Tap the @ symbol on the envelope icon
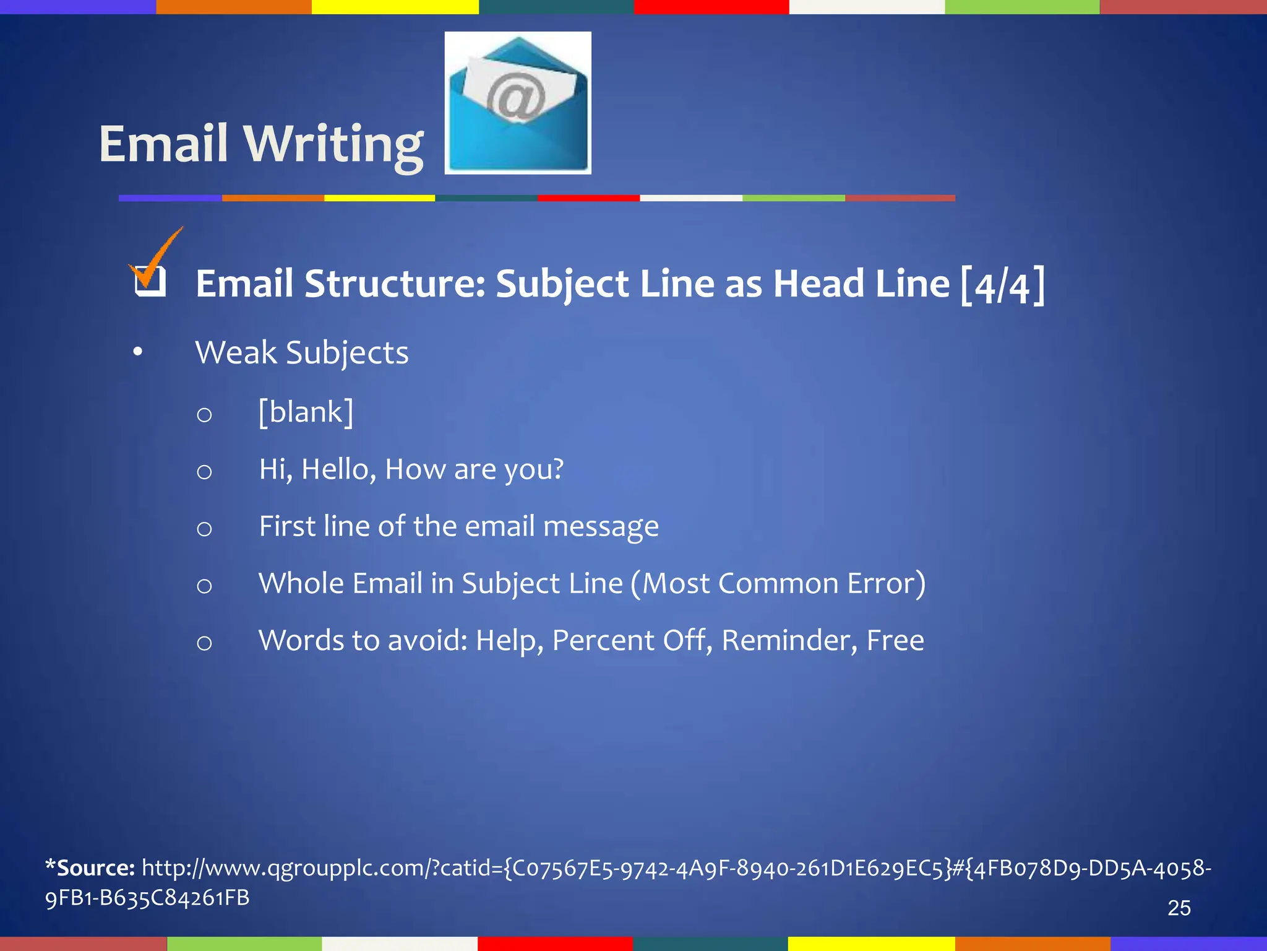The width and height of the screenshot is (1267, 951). pyautogui.click(x=515, y=97)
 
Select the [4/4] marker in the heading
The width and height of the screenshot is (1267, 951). pyautogui.click(x=1002, y=285)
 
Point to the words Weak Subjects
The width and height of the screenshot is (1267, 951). pyautogui.click(x=302, y=353)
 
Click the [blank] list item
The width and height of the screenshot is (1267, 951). pyautogui.click(x=306, y=412)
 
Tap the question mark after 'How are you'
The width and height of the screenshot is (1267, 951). pyautogui.click(x=557, y=469)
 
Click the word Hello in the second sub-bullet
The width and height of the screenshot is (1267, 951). pyautogui.click(x=338, y=469)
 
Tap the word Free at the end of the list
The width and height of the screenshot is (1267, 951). pyautogui.click(x=895, y=640)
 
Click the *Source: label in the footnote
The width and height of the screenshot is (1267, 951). pyautogui.click(x=90, y=867)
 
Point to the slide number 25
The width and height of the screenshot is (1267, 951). pyautogui.click(x=1179, y=908)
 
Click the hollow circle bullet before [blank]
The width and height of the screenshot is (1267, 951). pyautogui.click(x=204, y=414)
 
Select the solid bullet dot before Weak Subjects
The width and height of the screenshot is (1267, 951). pyautogui.click(x=137, y=352)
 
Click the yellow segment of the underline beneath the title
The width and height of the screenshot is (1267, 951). pyautogui.click(x=379, y=198)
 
